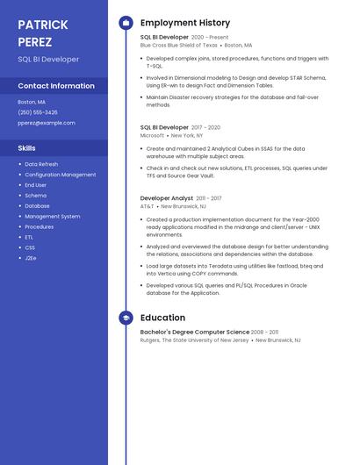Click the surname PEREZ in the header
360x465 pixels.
pos(35,42)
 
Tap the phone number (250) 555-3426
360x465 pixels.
pos(38,112)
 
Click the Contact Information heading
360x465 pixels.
pos(56,86)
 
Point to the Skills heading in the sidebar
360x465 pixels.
pos(27,148)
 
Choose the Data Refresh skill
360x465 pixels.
pos(41,164)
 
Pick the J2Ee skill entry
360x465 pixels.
pos(31,258)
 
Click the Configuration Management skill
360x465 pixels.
pos(61,175)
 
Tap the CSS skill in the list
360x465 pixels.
pos(30,247)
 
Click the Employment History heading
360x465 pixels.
pos(185,23)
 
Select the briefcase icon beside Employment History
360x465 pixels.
pos(126,23)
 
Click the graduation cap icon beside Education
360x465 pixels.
pos(126,318)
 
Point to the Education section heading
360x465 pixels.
pos(162,318)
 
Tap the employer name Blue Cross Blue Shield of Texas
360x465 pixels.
pos(178,45)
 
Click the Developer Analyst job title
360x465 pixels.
pos(166,198)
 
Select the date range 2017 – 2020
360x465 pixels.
pos(206,127)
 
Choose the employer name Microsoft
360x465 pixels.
pos(152,136)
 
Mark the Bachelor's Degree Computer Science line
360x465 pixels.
pos(194,333)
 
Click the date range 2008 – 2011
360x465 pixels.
pos(265,333)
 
